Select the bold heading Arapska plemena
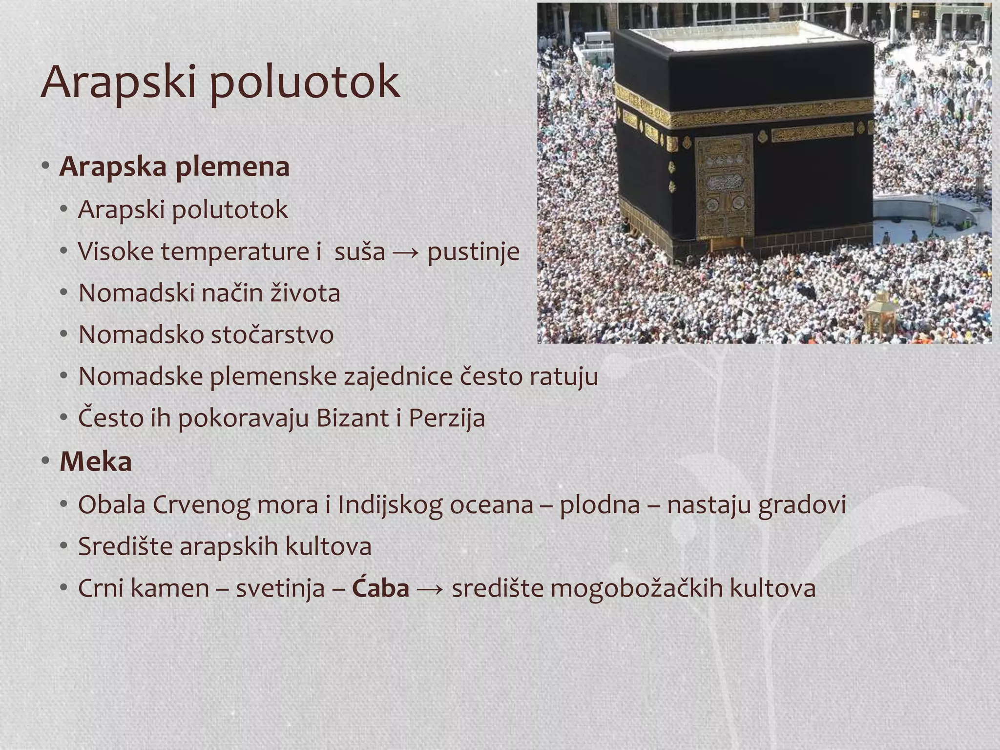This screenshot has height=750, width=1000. [x=174, y=167]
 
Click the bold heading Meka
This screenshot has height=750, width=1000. [x=96, y=461]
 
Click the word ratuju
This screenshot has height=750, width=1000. [x=563, y=376]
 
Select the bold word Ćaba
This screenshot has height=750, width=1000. [x=380, y=588]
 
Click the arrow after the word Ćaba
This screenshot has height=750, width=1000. [x=430, y=588]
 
